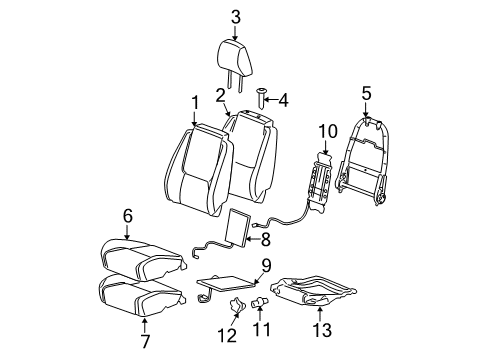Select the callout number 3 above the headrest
236,15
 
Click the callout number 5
365,95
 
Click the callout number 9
266,265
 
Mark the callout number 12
233,333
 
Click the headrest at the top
236,52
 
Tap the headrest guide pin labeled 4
261,98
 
